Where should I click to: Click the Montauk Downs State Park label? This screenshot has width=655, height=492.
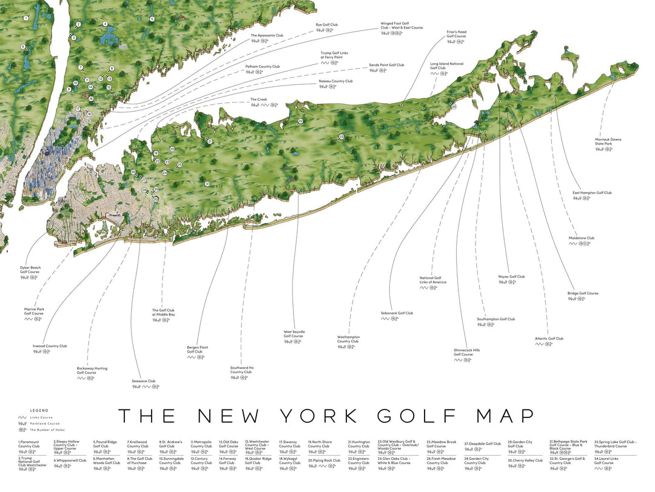click(608, 141)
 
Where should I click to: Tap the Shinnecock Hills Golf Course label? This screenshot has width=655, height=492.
click(466, 352)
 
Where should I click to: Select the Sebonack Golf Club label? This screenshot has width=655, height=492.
click(397, 313)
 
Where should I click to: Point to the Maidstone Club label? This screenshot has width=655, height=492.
click(581, 238)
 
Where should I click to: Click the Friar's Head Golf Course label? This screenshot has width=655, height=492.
click(456, 34)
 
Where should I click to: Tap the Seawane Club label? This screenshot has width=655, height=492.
click(144, 381)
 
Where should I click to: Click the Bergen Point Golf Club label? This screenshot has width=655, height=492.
click(197, 349)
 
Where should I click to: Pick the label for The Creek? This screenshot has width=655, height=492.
click(258, 99)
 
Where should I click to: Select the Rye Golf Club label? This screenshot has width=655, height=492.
click(326, 25)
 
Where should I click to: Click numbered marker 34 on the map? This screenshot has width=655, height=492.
click(454, 106)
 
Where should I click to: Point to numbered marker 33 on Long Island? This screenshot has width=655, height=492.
click(341, 137)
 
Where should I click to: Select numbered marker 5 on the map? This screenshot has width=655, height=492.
click(152, 19)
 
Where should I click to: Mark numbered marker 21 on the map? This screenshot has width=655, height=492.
click(210, 141)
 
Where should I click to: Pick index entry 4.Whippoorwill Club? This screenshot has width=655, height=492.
click(70, 460)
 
